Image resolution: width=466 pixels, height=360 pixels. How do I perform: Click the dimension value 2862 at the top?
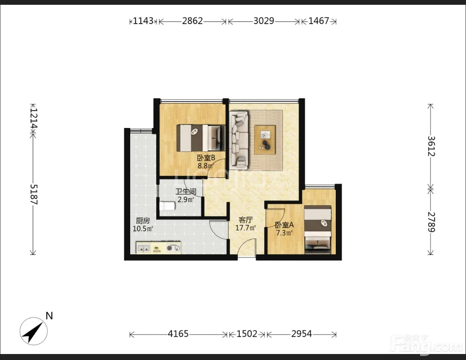[x=192, y=21]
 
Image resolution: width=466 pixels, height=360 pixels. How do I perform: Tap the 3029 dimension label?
[x=264, y=21]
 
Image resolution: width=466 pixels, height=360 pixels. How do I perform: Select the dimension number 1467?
[x=319, y=21]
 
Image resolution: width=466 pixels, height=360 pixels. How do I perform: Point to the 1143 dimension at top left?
[x=143, y=21]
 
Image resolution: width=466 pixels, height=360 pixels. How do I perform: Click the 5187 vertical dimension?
[x=33, y=194]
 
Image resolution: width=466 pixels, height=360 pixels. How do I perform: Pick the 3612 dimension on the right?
[x=431, y=146]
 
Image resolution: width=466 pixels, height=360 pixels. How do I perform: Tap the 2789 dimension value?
[x=431, y=222]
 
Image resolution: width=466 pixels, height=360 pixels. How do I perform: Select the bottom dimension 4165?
[x=178, y=334]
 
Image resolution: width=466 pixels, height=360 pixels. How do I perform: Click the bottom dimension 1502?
[x=247, y=334]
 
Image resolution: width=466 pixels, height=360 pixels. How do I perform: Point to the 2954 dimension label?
[x=302, y=334]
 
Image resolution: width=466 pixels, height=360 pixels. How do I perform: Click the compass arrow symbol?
[x=33, y=331]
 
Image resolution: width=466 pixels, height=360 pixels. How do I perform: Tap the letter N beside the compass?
[x=49, y=316]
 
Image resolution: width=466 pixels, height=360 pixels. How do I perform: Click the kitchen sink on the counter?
[x=143, y=248]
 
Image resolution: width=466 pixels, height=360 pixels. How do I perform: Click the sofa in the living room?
[x=239, y=138]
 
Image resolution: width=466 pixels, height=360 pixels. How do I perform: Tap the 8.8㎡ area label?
[x=206, y=166]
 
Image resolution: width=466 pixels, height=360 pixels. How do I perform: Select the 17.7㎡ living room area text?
[x=245, y=228]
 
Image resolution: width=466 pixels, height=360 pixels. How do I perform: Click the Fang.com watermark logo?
[x=426, y=344]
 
